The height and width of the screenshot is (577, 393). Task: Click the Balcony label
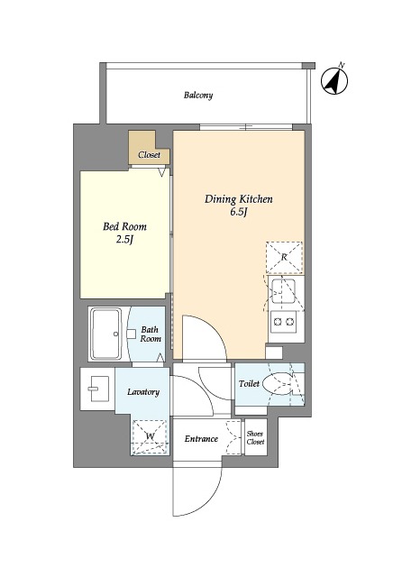[x=198, y=96]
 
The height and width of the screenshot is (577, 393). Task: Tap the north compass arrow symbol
[x=334, y=81]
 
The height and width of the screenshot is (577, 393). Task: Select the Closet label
[x=149, y=155]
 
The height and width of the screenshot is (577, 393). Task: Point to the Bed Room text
[x=124, y=226]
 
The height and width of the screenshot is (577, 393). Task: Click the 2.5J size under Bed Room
[x=124, y=240]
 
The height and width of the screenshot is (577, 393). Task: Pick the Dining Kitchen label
[x=239, y=199]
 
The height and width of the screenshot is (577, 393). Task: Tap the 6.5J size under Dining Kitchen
[x=239, y=213]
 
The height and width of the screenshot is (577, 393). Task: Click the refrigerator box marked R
[x=284, y=257]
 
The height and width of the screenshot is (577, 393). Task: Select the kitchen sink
[x=283, y=291]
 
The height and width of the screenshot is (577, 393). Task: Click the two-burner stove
[x=283, y=322]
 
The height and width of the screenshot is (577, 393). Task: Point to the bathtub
[x=106, y=334]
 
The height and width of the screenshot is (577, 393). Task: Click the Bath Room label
[x=151, y=334]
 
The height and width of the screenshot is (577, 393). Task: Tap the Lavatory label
[x=143, y=392]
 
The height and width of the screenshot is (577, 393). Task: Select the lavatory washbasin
[x=98, y=389]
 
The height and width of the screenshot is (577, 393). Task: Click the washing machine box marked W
[x=150, y=436]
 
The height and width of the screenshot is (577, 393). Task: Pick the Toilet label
[x=249, y=384]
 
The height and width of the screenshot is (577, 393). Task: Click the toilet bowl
[x=279, y=385]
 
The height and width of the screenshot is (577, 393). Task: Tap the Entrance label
[x=201, y=439]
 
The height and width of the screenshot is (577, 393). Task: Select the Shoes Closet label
[x=255, y=437]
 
